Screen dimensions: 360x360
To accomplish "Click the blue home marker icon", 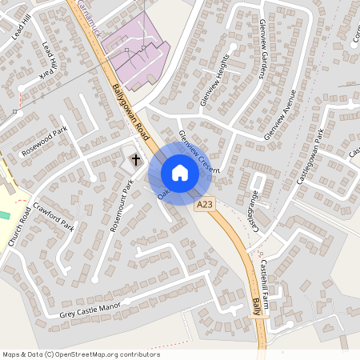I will pos(179,173).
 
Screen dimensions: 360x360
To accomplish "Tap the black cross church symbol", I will pos(135,159).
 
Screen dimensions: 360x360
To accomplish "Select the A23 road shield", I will pos(206,206).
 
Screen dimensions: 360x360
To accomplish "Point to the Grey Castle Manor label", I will pos(94,310).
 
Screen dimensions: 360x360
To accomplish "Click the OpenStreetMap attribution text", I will pos(81,354).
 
